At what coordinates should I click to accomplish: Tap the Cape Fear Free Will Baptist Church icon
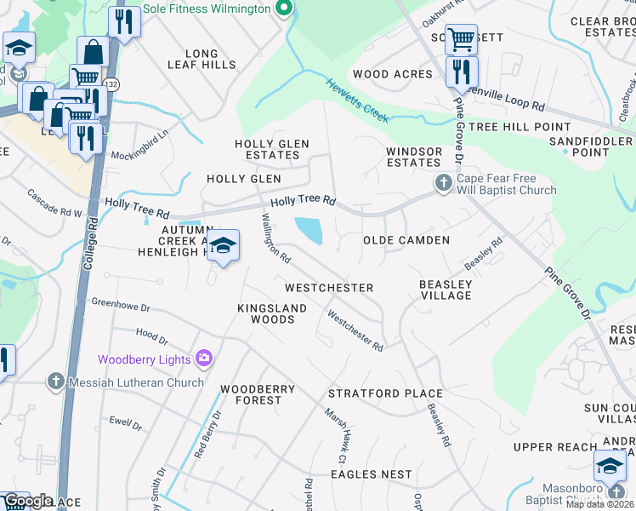point(443,182)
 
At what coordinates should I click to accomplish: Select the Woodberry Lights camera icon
point(203,359)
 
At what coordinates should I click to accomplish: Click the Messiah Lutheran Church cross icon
point(56,382)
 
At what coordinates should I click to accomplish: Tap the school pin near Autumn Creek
point(223,246)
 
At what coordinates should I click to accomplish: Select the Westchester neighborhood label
point(329,288)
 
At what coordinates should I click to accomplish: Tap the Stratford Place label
point(385,393)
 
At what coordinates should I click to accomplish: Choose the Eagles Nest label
point(371,474)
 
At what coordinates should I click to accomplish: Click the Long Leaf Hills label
point(202,59)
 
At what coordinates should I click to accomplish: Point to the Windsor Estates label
point(413,157)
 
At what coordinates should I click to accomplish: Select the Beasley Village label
point(446,290)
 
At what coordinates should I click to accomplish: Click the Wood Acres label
point(393,74)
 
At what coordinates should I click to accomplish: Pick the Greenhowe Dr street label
point(121,303)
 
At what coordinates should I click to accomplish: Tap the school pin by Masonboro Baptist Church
point(610,468)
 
